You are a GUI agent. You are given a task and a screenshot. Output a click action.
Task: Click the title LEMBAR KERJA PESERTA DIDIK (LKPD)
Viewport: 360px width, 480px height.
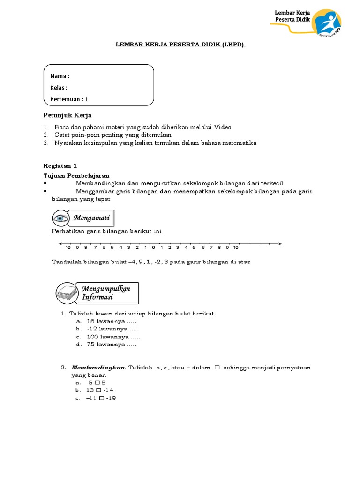pos(180,45)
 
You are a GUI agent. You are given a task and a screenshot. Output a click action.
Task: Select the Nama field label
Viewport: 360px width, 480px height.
pos(60,76)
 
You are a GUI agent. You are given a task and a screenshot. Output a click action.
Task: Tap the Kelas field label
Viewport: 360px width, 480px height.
pos(59,88)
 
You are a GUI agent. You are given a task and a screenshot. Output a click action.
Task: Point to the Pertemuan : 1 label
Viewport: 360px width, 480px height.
pos(69,99)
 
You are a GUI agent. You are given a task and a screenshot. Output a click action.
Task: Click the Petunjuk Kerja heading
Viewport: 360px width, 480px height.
pos(67,115)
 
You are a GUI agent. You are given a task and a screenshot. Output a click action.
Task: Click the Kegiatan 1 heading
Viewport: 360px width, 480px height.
pos(60,165)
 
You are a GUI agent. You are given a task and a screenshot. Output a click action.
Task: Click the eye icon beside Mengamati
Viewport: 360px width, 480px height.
pos(61,218)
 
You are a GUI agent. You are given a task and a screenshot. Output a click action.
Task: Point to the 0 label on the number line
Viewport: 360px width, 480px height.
pos(153,247)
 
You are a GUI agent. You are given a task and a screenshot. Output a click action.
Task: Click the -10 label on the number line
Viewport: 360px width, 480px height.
pos(67,247)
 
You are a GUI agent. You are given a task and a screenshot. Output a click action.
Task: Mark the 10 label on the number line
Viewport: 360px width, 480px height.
pos(236,247)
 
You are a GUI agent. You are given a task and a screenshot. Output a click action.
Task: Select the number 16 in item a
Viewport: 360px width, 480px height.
pos(90,321)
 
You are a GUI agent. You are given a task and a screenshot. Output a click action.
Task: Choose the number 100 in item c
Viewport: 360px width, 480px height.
pos(92,337)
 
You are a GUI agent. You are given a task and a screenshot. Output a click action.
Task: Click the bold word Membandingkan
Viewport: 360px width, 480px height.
pos(98,367)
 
